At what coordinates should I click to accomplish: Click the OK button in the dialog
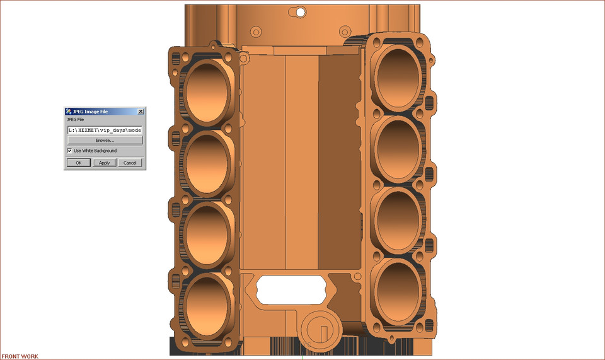pos(79,163)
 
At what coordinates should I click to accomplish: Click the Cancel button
pos(130,163)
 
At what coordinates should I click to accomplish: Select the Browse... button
pos(105,141)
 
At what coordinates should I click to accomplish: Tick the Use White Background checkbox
pos(69,151)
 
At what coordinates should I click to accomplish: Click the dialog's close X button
pos(141,112)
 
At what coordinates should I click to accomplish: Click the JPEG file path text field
pos(105,130)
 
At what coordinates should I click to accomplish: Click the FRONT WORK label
pos(20,356)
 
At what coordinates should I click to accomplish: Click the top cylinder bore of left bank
pos(206,92)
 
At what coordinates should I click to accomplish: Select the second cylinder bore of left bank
pos(206,163)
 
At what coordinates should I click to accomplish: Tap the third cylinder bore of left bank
pos(206,233)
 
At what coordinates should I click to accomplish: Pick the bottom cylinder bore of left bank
pos(206,305)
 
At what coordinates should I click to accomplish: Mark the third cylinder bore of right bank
pos(399,218)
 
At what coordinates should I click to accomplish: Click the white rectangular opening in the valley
pos(291,287)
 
